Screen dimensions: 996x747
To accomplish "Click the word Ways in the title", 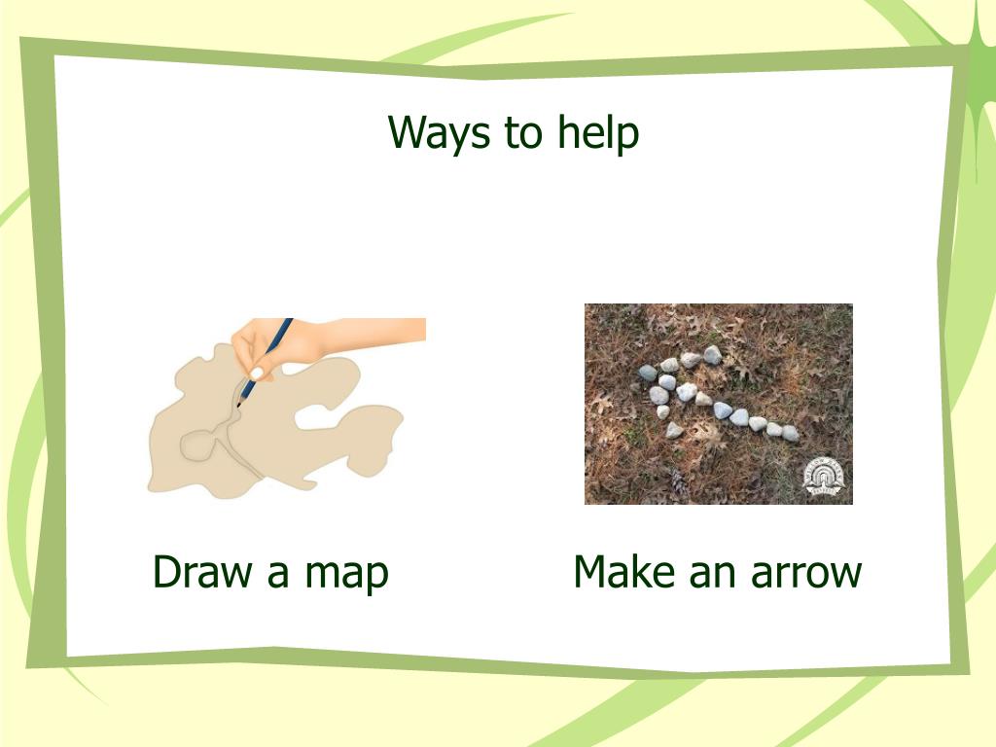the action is coord(439,133).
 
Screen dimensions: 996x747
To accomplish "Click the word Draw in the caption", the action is coord(202,571).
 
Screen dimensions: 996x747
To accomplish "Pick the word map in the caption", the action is coord(347,575).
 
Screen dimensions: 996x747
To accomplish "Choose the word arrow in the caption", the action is coord(806,574).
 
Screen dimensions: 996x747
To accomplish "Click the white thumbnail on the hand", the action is coord(257,373).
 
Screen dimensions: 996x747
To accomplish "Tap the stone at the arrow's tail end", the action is coord(790,434).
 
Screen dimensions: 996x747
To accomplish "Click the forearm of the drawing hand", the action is coord(374,331).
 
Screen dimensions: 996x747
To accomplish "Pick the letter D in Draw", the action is coord(165,571).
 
